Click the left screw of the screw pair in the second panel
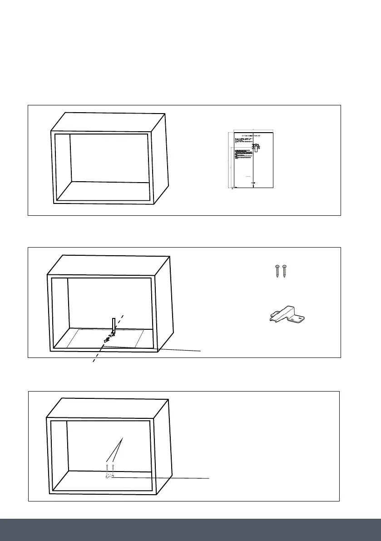(277, 271)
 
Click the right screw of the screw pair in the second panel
(285, 271)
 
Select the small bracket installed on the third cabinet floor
(109, 476)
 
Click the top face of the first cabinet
(109, 122)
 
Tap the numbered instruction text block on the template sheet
(243, 157)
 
